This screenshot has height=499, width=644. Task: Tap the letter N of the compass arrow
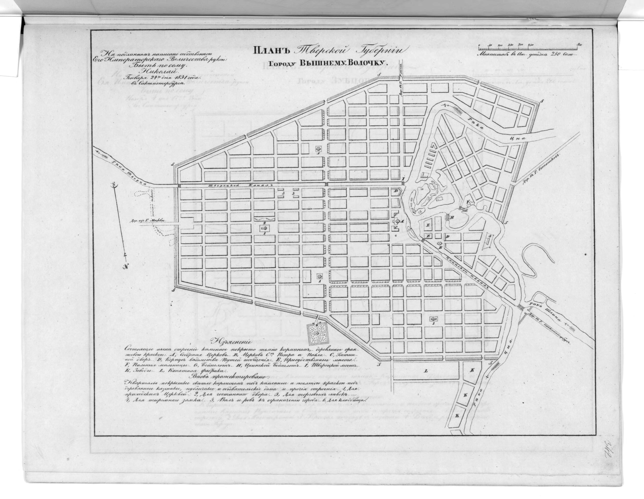tap(126, 267)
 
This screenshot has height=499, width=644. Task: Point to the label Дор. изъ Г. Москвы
tap(151, 220)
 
